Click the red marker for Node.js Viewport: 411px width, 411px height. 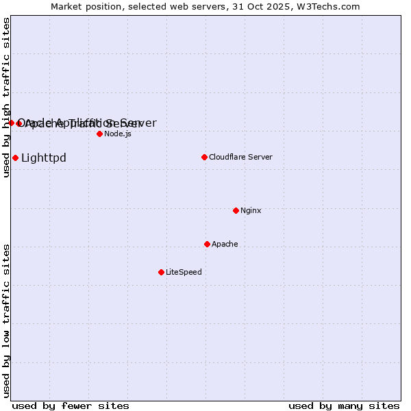point(99,134)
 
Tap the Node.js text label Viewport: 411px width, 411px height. point(118,134)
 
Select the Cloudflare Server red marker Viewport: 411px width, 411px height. point(204,157)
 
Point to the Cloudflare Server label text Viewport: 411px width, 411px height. point(240,157)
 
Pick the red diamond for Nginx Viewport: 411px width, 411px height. point(236,210)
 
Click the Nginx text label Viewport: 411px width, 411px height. point(251,210)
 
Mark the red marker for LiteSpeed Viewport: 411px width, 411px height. point(161,272)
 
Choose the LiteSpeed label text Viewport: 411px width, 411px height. point(184,272)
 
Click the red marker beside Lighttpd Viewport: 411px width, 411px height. point(15,158)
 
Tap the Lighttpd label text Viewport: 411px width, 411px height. point(44,158)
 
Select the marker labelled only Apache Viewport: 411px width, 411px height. point(207,244)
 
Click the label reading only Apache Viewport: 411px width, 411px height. point(225,244)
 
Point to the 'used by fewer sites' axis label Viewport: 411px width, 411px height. point(71,406)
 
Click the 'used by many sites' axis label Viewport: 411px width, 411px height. point(344,406)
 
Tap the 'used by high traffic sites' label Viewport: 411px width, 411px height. point(7,97)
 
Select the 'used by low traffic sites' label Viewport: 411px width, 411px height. point(7,320)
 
